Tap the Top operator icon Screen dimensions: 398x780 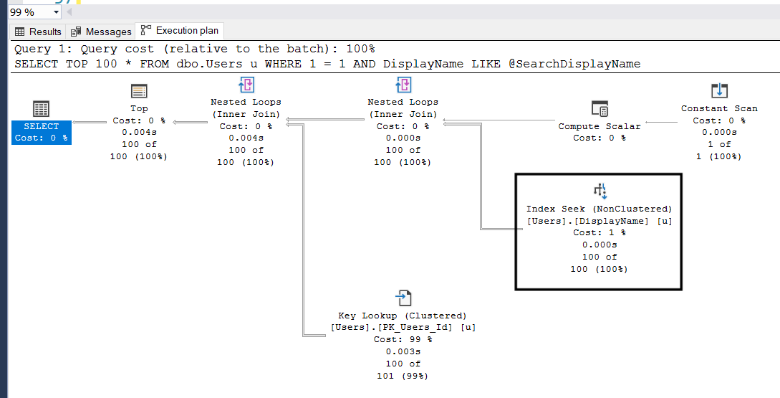[139, 91]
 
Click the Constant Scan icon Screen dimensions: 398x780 [719, 91]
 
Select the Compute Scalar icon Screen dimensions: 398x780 [600, 109]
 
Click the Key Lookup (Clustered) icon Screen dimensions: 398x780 [403, 298]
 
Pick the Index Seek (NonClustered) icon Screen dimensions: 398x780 [600, 191]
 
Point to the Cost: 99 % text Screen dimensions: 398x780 [403, 339]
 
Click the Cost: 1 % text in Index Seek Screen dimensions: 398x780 [600, 232]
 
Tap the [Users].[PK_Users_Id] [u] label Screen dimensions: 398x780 [403, 327]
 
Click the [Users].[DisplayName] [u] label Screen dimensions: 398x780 [600, 221]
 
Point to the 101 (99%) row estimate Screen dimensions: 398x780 [403, 376]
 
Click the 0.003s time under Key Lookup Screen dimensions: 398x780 [403, 351]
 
